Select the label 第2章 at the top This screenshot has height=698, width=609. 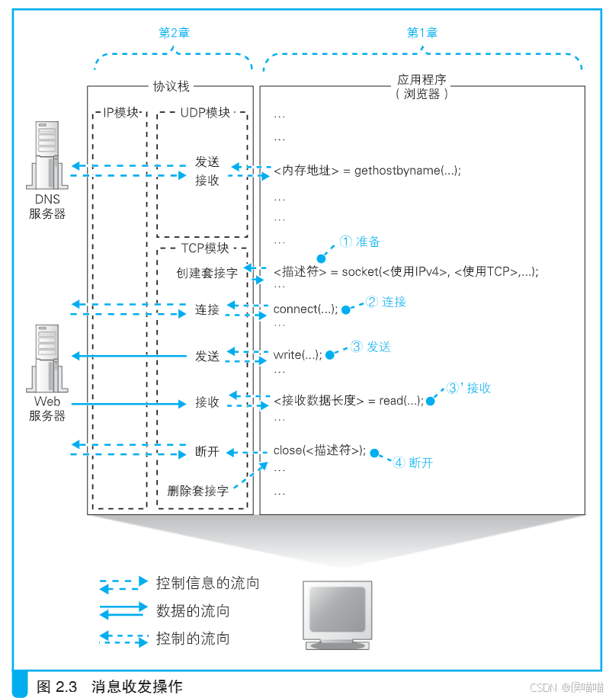[173, 33]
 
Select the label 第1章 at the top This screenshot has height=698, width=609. [422, 33]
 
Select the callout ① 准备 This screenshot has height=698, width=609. [360, 242]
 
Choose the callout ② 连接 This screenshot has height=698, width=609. [386, 302]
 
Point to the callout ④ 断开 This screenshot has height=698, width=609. [412, 463]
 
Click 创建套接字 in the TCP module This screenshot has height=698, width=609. [207, 272]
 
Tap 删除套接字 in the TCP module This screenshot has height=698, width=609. [197, 491]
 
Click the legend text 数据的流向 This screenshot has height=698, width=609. [192, 611]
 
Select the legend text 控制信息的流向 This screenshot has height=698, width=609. [207, 583]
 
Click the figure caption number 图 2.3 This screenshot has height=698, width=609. [57, 686]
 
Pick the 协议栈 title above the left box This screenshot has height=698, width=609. [171, 87]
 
